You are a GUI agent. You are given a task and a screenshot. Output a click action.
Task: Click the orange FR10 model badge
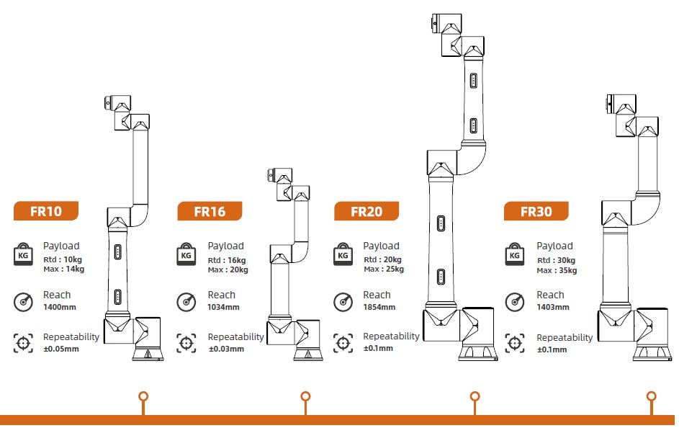[x=46, y=211]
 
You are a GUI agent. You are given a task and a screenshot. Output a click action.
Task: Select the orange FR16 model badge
[x=210, y=211]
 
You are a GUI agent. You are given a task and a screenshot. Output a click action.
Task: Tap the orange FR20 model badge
[x=367, y=211]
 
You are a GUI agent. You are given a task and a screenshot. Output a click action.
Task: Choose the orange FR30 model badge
[x=536, y=211]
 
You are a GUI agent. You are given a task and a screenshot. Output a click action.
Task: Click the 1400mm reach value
[x=60, y=307]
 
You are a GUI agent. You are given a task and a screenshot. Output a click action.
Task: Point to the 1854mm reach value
[x=379, y=307]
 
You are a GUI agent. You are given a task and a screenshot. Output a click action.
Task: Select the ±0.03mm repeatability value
[x=226, y=349]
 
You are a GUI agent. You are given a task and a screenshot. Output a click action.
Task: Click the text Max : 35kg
[x=557, y=270]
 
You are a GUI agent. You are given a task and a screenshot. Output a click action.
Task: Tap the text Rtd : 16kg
[x=227, y=260]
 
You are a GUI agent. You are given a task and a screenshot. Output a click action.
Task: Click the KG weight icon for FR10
[x=23, y=254]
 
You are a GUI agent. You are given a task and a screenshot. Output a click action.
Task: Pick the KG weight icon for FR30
[x=514, y=254]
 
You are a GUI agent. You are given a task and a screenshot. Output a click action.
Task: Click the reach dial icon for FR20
[x=343, y=301]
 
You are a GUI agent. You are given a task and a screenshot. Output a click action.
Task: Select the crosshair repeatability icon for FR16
[x=186, y=343]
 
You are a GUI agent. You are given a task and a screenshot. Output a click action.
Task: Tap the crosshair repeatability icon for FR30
[x=514, y=343]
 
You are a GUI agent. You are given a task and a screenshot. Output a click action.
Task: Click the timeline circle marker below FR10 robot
[x=143, y=396]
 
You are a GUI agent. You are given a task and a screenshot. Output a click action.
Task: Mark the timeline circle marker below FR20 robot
[x=475, y=396]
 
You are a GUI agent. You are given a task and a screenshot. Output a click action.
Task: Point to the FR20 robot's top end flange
[x=434, y=22]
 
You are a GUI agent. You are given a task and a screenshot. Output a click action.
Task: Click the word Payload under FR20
[x=381, y=246]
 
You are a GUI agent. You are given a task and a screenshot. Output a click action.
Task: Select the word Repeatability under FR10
[x=71, y=337]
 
